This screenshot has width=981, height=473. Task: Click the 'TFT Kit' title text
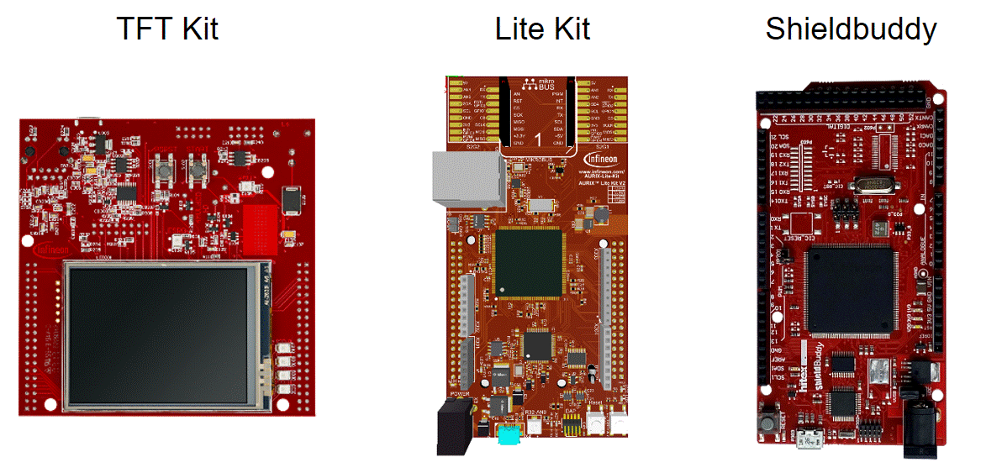tap(167, 29)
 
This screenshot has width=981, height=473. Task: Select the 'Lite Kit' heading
tap(542, 29)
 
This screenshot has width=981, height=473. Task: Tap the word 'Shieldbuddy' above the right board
tap(850, 29)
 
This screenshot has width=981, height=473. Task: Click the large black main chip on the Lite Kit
tap(529, 262)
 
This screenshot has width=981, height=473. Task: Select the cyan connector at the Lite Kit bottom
tap(509, 435)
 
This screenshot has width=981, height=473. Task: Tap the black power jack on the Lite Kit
tap(455, 426)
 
